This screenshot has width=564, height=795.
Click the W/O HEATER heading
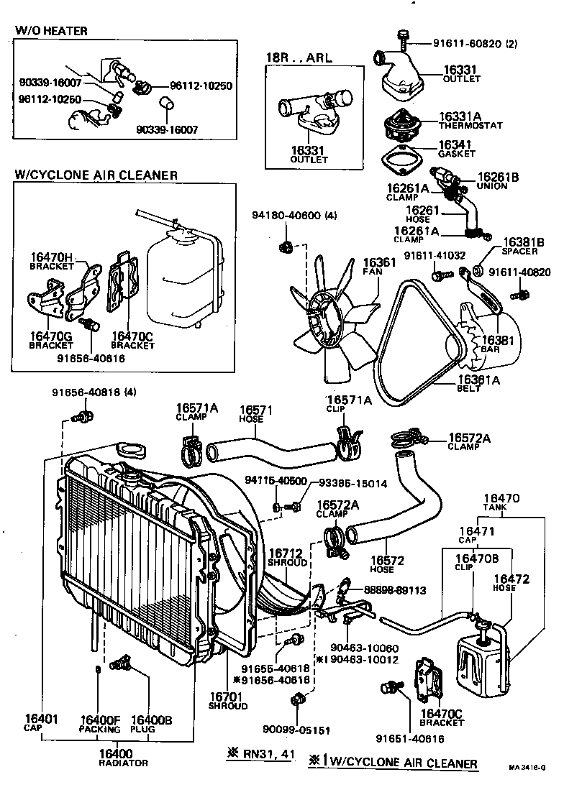[x=51, y=31]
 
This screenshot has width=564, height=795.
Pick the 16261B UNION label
[x=492, y=180]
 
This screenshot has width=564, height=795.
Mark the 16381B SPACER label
[x=523, y=247]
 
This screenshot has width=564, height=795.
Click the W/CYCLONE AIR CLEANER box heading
[x=96, y=175]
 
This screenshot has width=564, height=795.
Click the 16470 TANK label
[x=501, y=502]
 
